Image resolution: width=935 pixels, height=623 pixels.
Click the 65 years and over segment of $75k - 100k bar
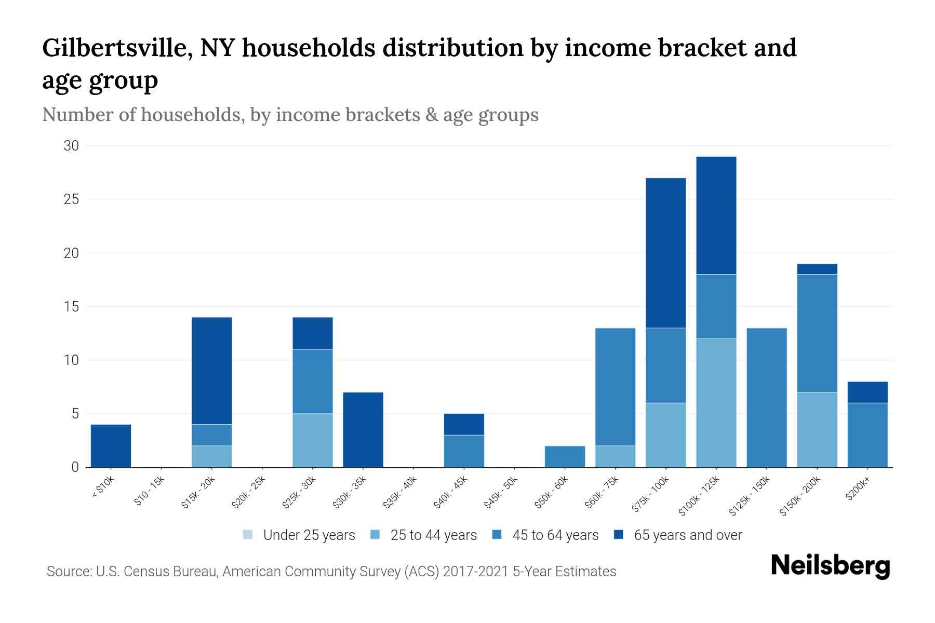[x=665, y=253]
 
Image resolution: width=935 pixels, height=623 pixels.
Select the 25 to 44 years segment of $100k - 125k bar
[x=716, y=403]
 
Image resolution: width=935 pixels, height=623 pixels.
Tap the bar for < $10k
[x=111, y=446]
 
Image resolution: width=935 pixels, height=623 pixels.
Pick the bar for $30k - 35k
[x=363, y=430]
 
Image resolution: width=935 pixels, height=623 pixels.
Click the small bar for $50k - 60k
[x=565, y=456]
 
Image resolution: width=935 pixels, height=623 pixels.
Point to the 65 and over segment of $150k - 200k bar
[x=817, y=269]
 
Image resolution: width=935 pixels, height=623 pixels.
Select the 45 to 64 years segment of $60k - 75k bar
[x=615, y=387]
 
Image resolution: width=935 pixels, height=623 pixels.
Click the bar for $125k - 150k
[x=767, y=398]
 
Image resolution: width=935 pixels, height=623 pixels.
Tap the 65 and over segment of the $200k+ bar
[x=867, y=392]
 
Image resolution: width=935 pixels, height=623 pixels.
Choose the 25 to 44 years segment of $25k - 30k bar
[x=313, y=440]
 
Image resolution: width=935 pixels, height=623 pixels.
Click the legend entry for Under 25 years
[x=299, y=535]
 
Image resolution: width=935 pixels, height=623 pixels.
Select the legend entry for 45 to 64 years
[x=545, y=535]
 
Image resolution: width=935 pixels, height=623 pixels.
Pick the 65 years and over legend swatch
[x=619, y=535]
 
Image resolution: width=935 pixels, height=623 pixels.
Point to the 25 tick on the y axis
[x=71, y=199]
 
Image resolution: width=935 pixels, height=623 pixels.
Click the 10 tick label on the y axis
[x=71, y=360]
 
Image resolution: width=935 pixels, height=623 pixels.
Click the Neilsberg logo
[x=830, y=566]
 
